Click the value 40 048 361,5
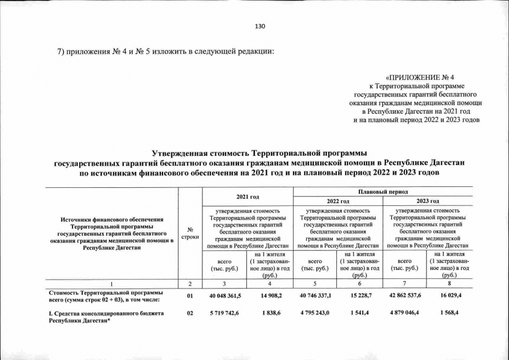coord(225,296)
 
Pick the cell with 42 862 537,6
coord(405,296)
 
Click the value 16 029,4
coord(449,296)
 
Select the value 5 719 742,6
coord(225,313)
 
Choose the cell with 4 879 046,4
coord(405,313)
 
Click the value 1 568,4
coord(449,313)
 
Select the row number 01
coord(190,296)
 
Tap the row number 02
coord(190,313)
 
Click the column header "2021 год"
coord(247,196)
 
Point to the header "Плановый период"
coord(383,191)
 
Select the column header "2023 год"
coord(427,201)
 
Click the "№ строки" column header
coord(190,232)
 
